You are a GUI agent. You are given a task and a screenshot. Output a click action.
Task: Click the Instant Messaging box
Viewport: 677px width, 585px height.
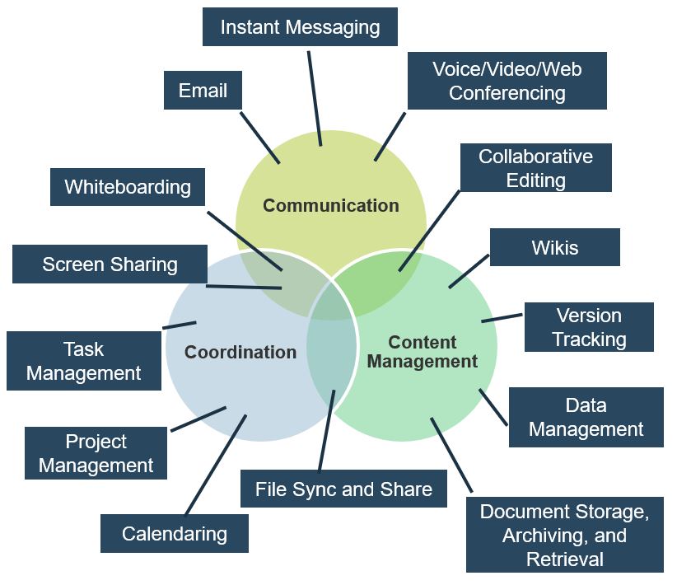tap(300, 27)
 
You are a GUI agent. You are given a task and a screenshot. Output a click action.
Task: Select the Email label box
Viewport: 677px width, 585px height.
tap(203, 90)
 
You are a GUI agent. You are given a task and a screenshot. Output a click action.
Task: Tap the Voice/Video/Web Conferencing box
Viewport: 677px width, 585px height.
tap(507, 81)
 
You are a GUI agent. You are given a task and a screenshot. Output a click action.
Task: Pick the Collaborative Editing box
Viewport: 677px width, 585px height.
tap(535, 168)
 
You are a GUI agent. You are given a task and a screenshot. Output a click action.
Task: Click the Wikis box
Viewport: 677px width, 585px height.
tap(554, 247)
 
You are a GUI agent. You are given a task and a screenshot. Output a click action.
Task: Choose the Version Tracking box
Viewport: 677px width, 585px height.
tap(588, 327)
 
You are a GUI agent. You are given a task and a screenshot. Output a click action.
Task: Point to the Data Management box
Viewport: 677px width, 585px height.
tap(586, 417)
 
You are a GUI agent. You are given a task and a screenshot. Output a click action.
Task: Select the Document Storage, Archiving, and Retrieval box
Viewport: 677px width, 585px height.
tap(564, 535)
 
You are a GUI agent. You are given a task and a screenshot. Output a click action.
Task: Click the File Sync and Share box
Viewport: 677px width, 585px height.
tap(343, 489)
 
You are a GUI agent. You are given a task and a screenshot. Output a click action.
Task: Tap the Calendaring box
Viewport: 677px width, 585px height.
tap(174, 533)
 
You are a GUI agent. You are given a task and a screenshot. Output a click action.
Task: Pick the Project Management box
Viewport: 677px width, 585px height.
tap(96, 453)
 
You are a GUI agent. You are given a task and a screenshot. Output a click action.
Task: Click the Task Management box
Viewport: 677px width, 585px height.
tap(83, 361)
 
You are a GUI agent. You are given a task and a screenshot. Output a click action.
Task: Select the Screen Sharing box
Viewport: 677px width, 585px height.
tap(110, 264)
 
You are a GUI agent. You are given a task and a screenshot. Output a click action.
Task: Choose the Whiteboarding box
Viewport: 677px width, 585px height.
tap(128, 187)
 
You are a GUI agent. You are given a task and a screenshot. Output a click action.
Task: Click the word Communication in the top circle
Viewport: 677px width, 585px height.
tap(330, 205)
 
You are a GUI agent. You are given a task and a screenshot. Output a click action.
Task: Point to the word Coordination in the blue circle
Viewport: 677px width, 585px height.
tap(240, 352)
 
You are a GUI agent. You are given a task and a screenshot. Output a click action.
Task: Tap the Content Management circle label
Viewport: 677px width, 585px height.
tap(422, 351)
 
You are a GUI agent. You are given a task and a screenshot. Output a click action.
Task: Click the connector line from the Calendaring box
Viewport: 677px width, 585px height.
tap(216, 465)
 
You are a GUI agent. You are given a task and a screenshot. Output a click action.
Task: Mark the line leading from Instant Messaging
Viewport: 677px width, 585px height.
tap(315, 97)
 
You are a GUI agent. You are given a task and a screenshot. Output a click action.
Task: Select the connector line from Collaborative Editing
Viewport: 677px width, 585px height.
tap(428, 231)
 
